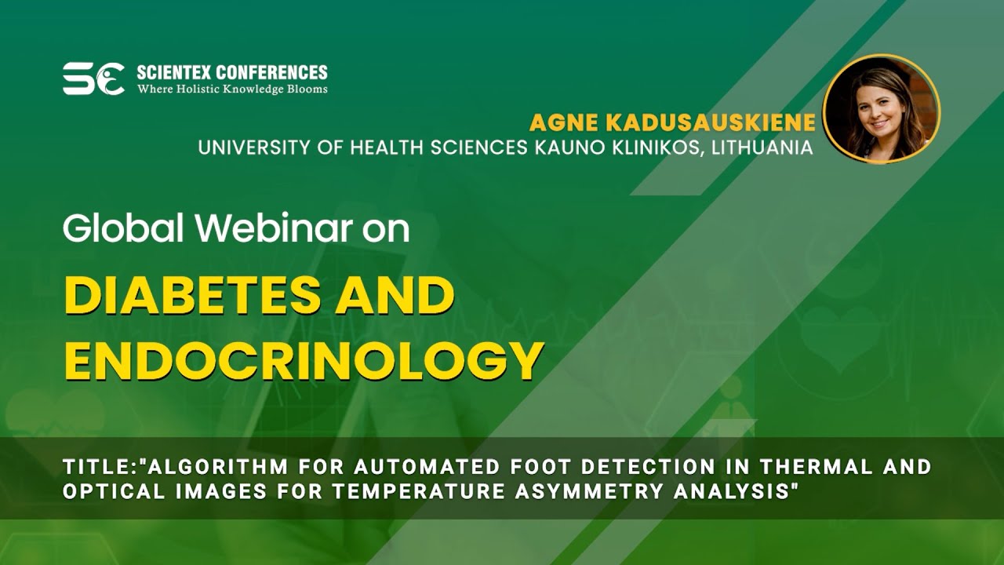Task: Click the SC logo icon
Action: click(93, 78)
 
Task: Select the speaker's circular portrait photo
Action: click(881, 108)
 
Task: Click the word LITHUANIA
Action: click(762, 148)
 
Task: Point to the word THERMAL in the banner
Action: click(827, 467)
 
